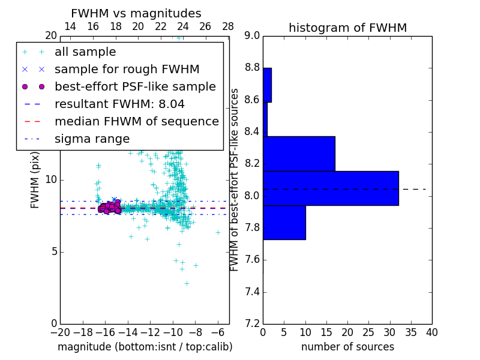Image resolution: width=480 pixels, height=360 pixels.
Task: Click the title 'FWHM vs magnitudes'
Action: tap(136, 14)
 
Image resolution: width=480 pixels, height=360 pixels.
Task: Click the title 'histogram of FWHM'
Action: tap(347, 28)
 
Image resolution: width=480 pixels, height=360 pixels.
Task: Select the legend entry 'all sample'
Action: tap(85, 52)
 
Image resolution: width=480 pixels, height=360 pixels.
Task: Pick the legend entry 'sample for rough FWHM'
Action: tap(127, 70)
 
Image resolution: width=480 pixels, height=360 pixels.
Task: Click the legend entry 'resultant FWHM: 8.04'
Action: tap(119, 104)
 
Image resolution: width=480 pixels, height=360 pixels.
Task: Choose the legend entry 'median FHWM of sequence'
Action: tap(136, 122)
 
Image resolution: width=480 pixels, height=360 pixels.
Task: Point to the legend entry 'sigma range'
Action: tap(92, 139)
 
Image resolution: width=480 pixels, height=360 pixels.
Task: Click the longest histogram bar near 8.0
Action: tap(331, 188)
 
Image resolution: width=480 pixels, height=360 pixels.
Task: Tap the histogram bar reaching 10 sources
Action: tap(284, 223)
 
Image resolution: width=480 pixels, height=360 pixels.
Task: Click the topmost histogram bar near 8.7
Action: tap(267, 85)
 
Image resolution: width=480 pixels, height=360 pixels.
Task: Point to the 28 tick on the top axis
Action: tap(228, 26)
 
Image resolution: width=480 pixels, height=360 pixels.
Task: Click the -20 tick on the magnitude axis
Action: tap(60, 332)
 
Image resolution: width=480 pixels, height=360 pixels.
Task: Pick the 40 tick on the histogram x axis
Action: tap(431, 332)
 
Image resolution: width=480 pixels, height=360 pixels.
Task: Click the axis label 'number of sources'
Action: tap(347, 347)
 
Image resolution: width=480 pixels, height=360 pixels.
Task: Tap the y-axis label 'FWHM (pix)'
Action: tap(35, 180)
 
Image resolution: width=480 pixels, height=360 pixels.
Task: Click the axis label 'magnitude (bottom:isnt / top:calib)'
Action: tap(145, 347)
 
